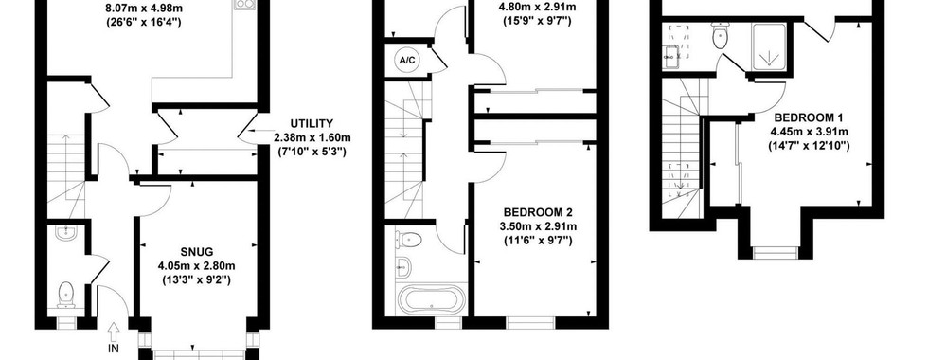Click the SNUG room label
[x=198, y=252]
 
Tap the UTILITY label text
[x=312, y=123]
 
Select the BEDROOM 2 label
[x=539, y=212]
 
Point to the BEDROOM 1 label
[x=810, y=117]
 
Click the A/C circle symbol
[x=406, y=61]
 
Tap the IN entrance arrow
[x=114, y=331]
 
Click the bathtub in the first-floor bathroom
[x=433, y=300]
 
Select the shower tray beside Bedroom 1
[x=769, y=47]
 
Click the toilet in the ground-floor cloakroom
[x=65, y=295]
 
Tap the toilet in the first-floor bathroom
[x=409, y=240]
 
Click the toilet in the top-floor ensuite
[x=721, y=36]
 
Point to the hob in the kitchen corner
[x=243, y=5]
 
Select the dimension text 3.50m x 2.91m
[x=539, y=226]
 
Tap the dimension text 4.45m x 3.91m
[x=810, y=131]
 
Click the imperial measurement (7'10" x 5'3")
[x=312, y=152]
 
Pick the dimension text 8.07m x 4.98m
[x=143, y=9]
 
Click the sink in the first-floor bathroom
[x=404, y=266]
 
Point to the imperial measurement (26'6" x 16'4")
[x=143, y=23]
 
